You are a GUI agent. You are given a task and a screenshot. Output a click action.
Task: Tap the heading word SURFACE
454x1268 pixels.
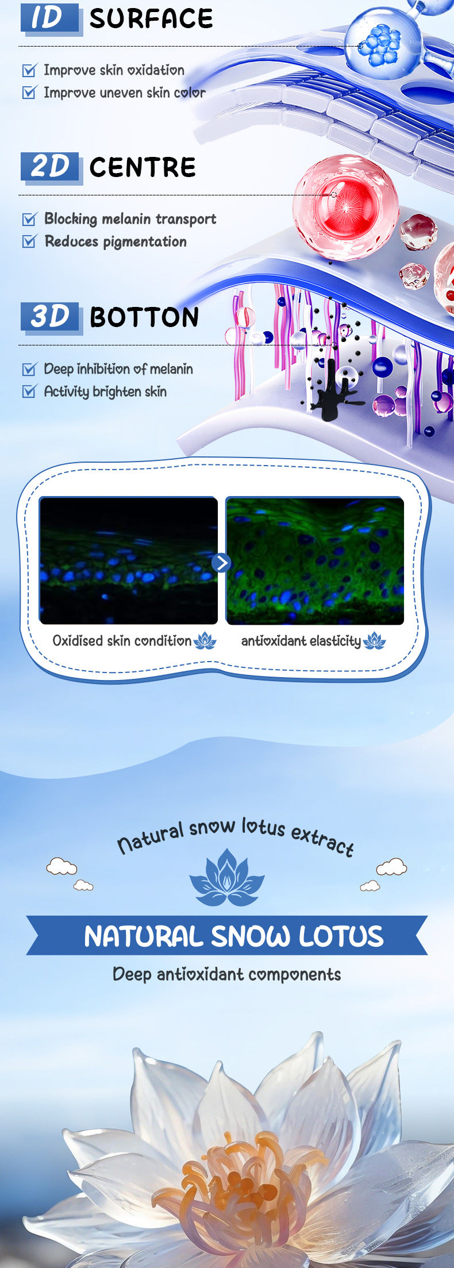pyautogui.click(x=151, y=19)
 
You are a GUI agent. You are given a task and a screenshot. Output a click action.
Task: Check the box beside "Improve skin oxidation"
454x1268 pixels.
pyautogui.click(x=29, y=70)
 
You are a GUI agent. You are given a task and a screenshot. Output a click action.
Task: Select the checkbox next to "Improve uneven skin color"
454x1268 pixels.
pyautogui.click(x=29, y=92)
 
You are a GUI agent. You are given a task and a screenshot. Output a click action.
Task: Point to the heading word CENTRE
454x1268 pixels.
pyautogui.click(x=143, y=167)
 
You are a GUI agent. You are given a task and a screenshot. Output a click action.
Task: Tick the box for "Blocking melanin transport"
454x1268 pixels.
pyautogui.click(x=29, y=219)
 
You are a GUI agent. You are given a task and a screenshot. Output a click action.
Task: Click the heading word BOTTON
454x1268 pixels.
pyautogui.click(x=144, y=317)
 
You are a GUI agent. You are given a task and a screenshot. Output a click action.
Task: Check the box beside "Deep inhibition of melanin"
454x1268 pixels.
pyautogui.click(x=29, y=369)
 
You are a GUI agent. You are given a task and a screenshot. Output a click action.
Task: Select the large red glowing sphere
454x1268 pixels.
pyautogui.click(x=345, y=207)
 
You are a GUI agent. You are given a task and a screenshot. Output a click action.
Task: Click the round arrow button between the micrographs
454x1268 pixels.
pyautogui.click(x=221, y=563)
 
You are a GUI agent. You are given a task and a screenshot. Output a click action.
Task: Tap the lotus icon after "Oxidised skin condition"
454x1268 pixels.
pyautogui.click(x=205, y=641)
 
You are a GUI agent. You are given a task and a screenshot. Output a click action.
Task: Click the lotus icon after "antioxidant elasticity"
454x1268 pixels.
pyautogui.click(x=375, y=641)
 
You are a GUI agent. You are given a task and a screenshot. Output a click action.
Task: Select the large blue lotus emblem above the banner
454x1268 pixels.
pyautogui.click(x=227, y=878)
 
